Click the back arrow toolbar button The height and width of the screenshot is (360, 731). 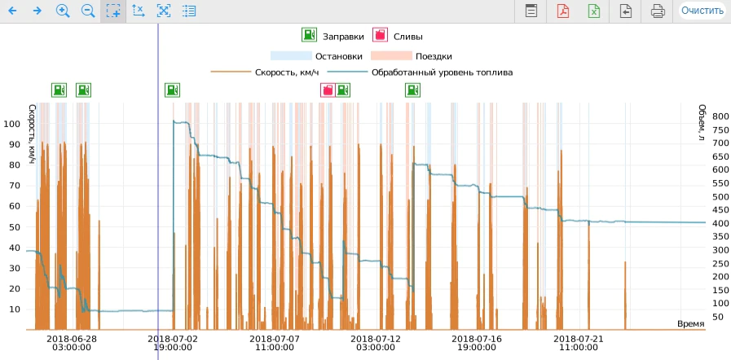[x=12, y=11]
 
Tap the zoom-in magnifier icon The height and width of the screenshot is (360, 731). [x=63, y=11]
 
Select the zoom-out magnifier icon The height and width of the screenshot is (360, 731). [x=88, y=11]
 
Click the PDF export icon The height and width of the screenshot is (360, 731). [x=562, y=11]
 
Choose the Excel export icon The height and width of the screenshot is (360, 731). [x=594, y=11]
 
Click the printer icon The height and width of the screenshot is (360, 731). [x=658, y=11]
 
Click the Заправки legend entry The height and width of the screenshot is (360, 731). [x=332, y=36]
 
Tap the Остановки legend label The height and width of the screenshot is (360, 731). [x=339, y=56]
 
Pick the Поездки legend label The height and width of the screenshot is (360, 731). [x=434, y=56]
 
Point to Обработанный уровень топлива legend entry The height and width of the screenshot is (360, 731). [x=420, y=72]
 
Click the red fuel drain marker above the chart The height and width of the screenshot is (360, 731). [x=328, y=90]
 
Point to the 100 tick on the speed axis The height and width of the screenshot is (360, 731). [x=12, y=124]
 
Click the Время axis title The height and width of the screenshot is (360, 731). [x=691, y=323]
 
